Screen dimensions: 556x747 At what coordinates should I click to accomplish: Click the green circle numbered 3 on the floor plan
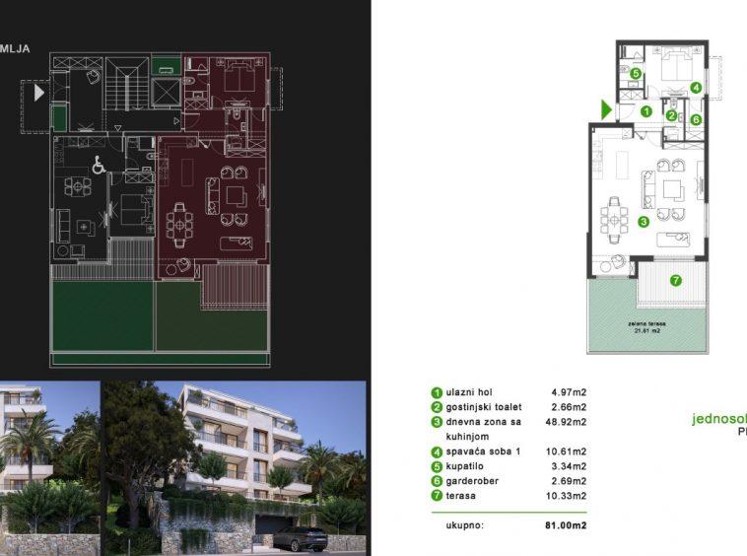click(x=643, y=223)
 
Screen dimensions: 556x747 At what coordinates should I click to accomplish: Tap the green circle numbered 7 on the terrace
click(x=675, y=281)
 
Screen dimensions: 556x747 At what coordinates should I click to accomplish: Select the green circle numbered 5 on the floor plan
click(x=636, y=73)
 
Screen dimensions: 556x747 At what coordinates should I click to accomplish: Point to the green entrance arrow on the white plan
click(x=606, y=110)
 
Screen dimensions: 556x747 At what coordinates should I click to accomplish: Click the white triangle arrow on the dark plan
click(x=39, y=94)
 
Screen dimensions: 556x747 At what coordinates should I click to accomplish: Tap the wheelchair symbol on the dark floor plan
click(x=99, y=167)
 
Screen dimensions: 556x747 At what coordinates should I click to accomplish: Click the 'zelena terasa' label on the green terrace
click(x=646, y=322)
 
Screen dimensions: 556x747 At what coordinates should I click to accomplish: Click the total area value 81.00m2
click(x=567, y=525)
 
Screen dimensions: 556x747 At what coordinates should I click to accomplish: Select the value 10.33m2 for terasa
click(x=567, y=495)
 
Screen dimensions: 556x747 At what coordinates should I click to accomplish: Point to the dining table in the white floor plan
click(x=614, y=218)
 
